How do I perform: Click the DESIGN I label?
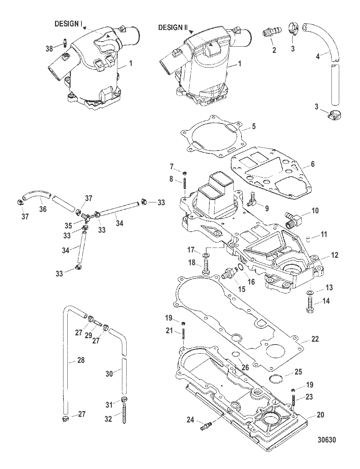click(x=68, y=24)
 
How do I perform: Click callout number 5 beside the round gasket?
click(x=254, y=126)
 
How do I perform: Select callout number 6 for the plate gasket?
click(x=313, y=164)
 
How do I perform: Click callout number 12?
click(x=334, y=255)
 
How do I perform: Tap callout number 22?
click(x=315, y=339)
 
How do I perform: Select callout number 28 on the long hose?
click(x=72, y=360)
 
